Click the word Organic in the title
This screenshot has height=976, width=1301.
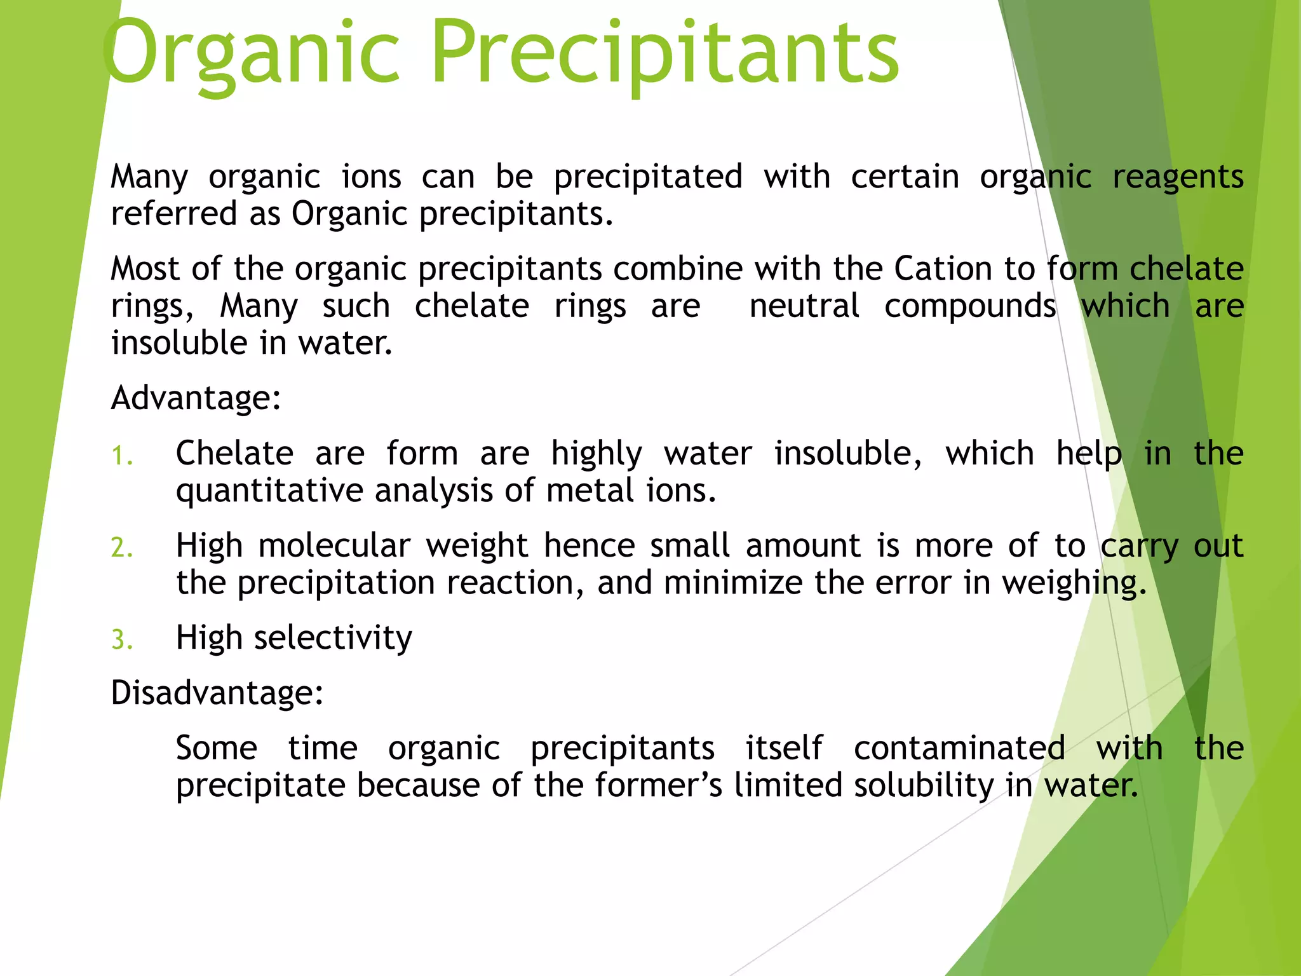pyautogui.click(x=251, y=54)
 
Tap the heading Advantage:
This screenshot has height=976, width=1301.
pyautogui.click(x=196, y=398)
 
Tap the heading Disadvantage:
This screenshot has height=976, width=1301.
pyautogui.click(x=217, y=693)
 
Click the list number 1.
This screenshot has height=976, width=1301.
pyautogui.click(x=121, y=456)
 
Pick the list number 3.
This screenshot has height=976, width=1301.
pyautogui.click(x=121, y=640)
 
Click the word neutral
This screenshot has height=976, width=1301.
pyautogui.click(x=804, y=306)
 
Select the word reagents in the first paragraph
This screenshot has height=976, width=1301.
pyautogui.click(x=1178, y=177)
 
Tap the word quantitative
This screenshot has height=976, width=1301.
pyautogui.click(x=269, y=491)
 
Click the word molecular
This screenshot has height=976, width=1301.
pyautogui.click(x=334, y=546)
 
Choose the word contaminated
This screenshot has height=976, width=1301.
pyautogui.click(x=959, y=748)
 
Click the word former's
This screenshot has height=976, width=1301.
pyautogui.click(x=659, y=785)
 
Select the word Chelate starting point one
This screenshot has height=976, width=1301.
pyautogui.click(x=234, y=454)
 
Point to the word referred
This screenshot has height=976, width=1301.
pyautogui.click(x=173, y=213)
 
